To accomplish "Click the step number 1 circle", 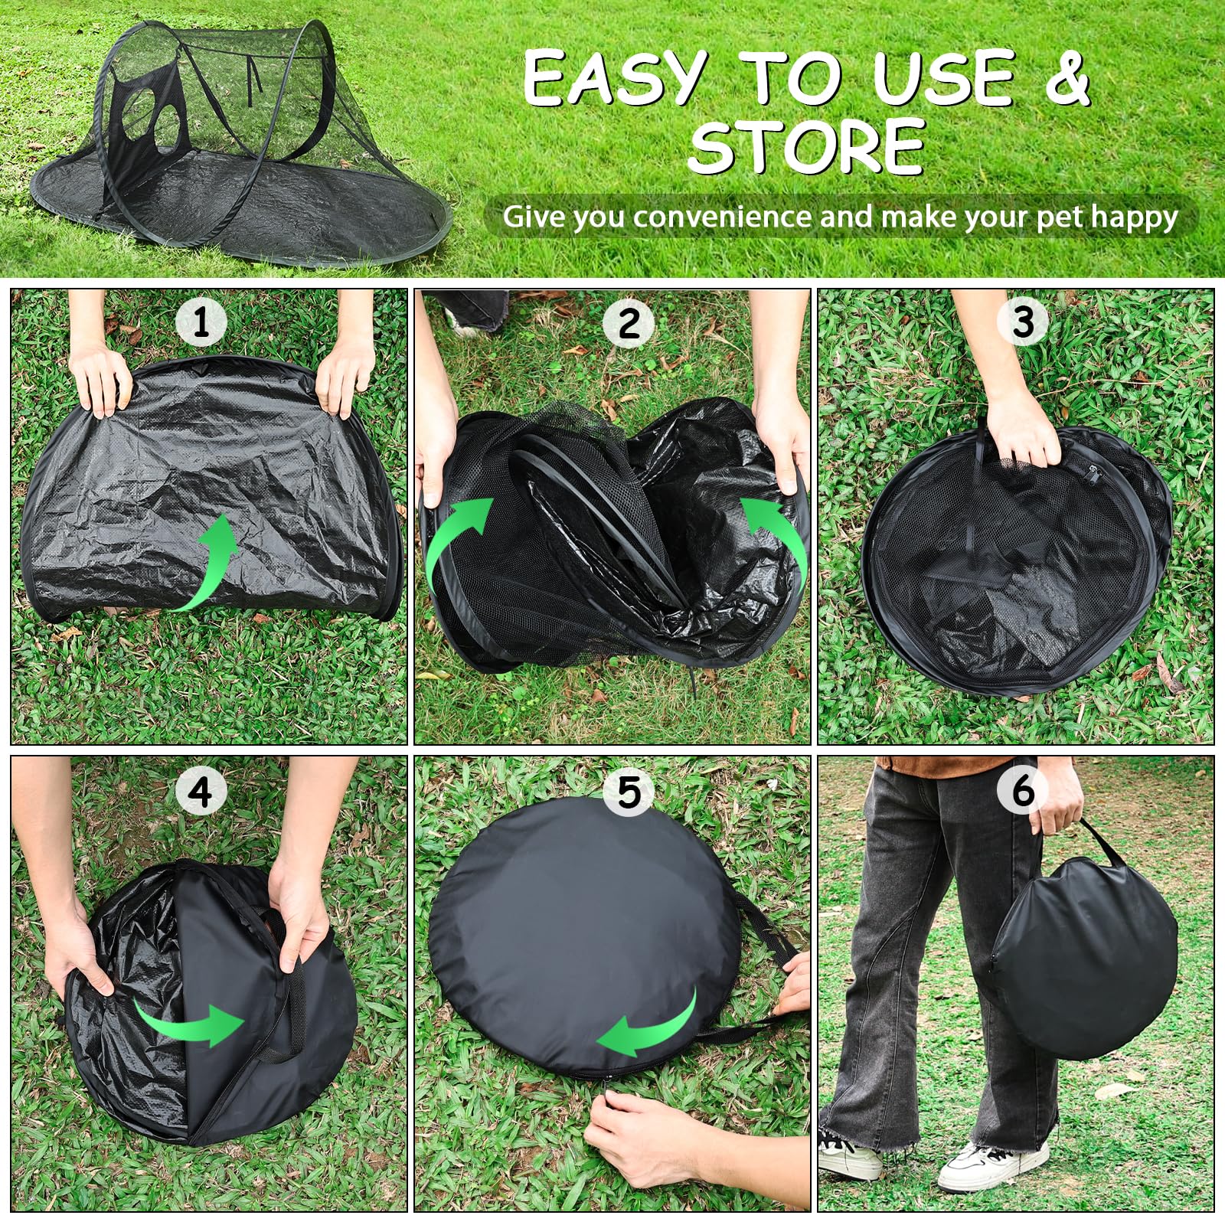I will coord(201,322).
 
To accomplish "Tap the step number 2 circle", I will coord(629,322).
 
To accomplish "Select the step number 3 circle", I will coord(1023,322).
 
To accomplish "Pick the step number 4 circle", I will coord(201,792).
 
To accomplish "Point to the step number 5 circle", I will coord(629,792).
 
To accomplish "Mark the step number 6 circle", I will coord(1023,792).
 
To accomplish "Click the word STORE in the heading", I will coord(807,147).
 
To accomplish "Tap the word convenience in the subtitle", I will coord(721,217).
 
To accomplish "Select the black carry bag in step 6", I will coord(1083,957).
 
